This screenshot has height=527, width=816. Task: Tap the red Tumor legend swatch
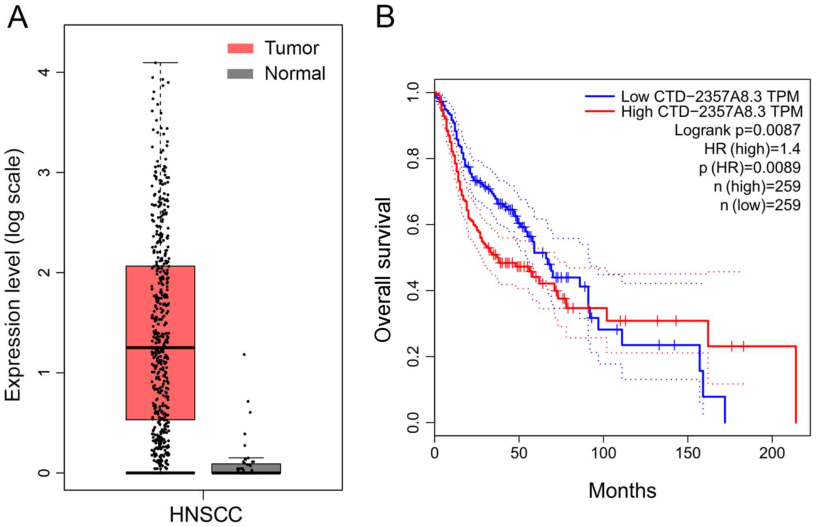(x=240, y=48)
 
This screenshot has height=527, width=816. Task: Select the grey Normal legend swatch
(x=240, y=74)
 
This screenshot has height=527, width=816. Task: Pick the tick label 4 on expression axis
(x=45, y=72)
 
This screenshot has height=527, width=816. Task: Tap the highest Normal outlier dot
(x=244, y=354)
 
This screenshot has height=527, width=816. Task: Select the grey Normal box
(x=246, y=468)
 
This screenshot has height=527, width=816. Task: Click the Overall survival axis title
(x=382, y=270)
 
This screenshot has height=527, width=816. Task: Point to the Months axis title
(x=622, y=490)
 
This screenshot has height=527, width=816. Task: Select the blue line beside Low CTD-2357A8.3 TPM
(x=599, y=96)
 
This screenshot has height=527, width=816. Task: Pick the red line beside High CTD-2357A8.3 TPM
(x=599, y=111)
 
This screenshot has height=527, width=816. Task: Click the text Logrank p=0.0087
(x=737, y=130)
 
